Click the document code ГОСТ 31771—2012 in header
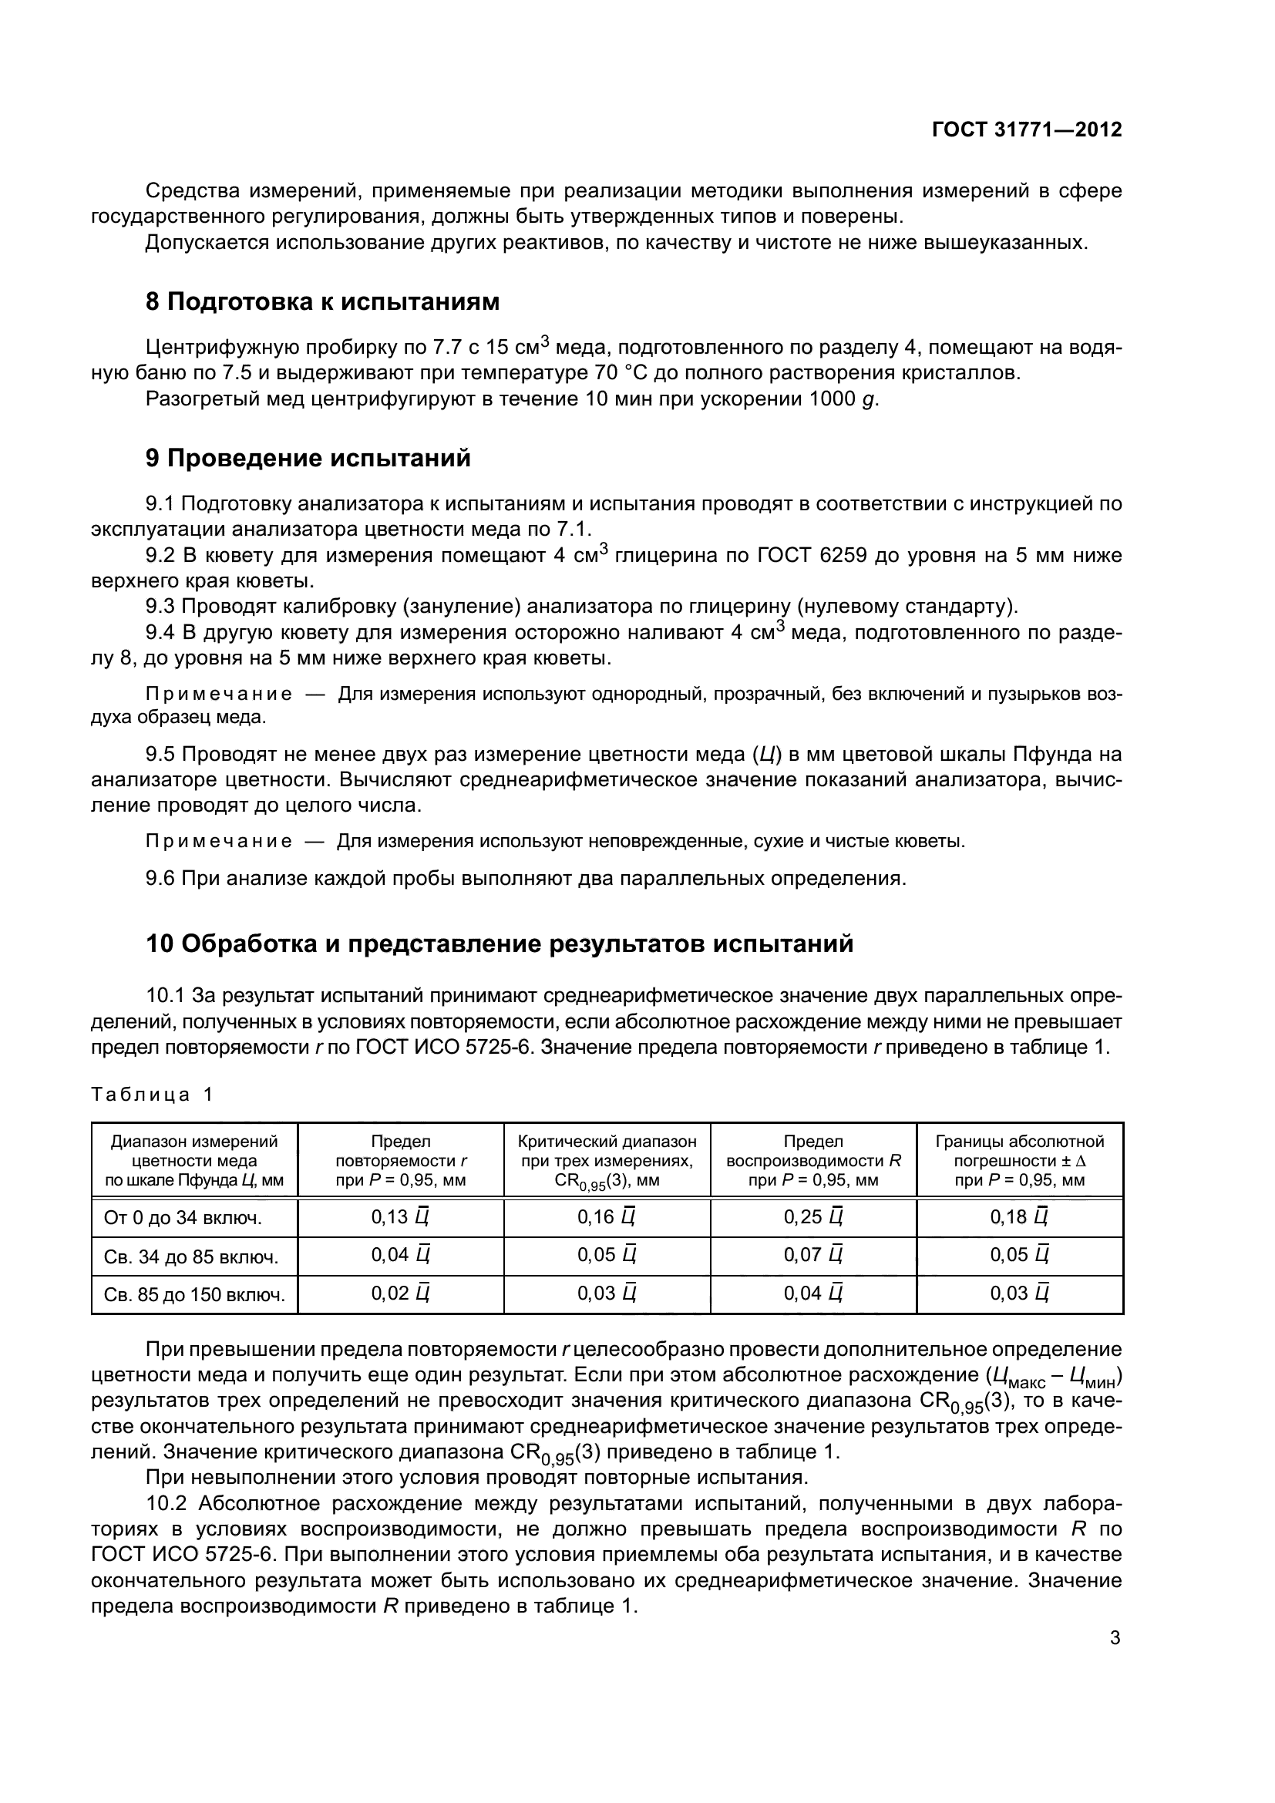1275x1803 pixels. point(1026,130)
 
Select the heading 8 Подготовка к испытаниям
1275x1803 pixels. point(322,301)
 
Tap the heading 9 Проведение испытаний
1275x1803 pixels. point(308,458)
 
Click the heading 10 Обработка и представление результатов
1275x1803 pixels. point(500,943)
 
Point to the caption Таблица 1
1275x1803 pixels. point(153,1094)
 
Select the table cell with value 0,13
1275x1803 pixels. point(400,1217)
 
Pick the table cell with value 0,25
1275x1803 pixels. point(812,1217)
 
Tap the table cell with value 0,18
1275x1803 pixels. point(1019,1217)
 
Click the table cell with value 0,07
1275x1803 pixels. point(812,1255)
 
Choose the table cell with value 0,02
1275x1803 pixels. point(400,1293)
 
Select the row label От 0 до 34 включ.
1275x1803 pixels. point(183,1218)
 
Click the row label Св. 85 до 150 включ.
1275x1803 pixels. point(194,1294)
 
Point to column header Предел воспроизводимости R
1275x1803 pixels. point(812,1161)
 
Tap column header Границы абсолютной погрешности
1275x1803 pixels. point(1019,1161)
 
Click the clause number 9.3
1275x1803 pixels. point(162,606)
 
